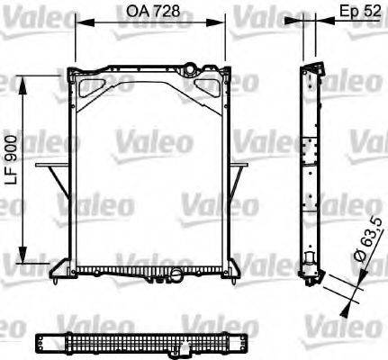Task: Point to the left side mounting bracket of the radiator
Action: (x=53, y=180)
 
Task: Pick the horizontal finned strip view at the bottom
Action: (x=144, y=344)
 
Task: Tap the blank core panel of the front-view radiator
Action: (x=149, y=171)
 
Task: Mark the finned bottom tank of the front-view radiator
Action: (x=149, y=269)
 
